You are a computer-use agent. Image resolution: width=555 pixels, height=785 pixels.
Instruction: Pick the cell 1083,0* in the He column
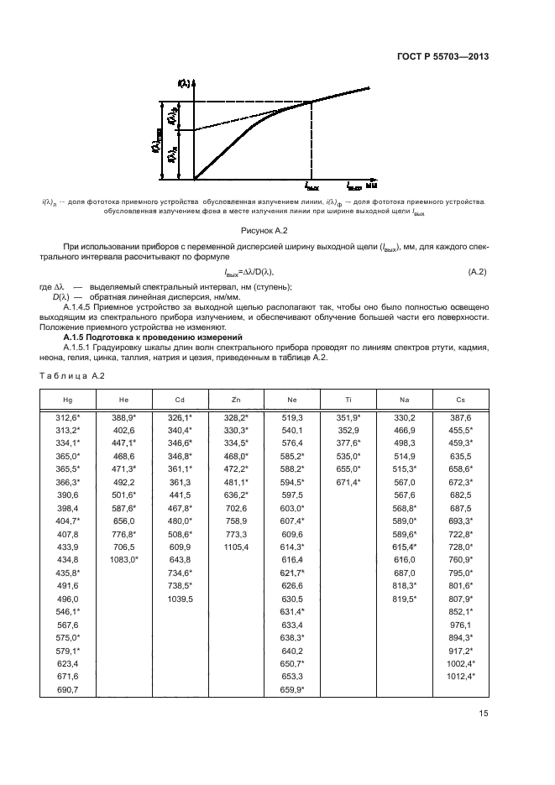(123, 558)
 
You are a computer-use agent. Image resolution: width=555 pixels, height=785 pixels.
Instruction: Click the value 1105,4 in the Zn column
(235, 547)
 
